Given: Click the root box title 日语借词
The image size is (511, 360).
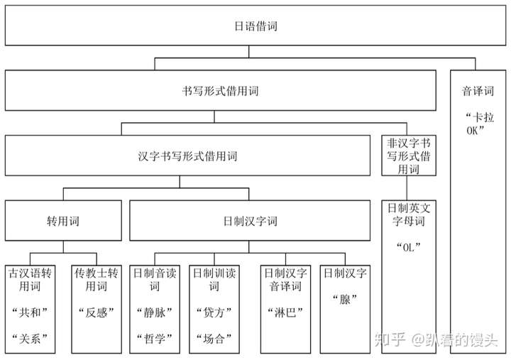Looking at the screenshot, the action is pyautogui.click(x=255, y=26).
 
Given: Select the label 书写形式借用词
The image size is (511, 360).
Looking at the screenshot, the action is pyautogui.click(x=220, y=91).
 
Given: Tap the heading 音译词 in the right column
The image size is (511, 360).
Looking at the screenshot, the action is pyautogui.click(x=478, y=91).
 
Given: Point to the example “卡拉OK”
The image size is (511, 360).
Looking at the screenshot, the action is pyautogui.click(x=479, y=124).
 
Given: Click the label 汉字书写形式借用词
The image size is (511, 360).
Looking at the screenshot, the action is pyautogui.click(x=187, y=156).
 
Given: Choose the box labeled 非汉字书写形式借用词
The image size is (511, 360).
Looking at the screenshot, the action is pyautogui.click(x=409, y=156).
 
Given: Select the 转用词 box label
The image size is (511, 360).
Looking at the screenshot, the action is pyautogui.click(x=63, y=221).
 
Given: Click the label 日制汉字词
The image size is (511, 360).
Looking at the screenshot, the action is pyautogui.click(x=250, y=221).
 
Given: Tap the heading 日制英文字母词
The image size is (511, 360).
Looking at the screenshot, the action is pyautogui.click(x=409, y=214).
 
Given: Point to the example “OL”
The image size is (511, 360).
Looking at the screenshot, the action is pyautogui.click(x=409, y=247).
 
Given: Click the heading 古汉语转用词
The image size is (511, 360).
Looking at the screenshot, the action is pyautogui.click(x=30, y=280).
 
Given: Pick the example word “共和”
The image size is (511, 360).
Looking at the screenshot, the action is pyautogui.click(x=30, y=312).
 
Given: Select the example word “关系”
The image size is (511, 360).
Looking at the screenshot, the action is pyautogui.click(x=30, y=339).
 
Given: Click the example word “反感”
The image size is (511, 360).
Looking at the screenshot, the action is pyautogui.click(x=97, y=312).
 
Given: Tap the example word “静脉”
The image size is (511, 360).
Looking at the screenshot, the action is pyautogui.click(x=155, y=312).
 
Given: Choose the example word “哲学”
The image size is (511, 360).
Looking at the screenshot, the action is pyautogui.click(x=155, y=339).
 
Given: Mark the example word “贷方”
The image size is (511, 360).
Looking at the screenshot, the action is pyautogui.click(x=214, y=312).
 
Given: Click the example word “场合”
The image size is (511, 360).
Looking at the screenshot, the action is pyautogui.click(x=214, y=339).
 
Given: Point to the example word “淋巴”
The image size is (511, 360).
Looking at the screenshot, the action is pyautogui.click(x=285, y=312).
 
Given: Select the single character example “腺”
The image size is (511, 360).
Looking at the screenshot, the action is pyautogui.click(x=345, y=299).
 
